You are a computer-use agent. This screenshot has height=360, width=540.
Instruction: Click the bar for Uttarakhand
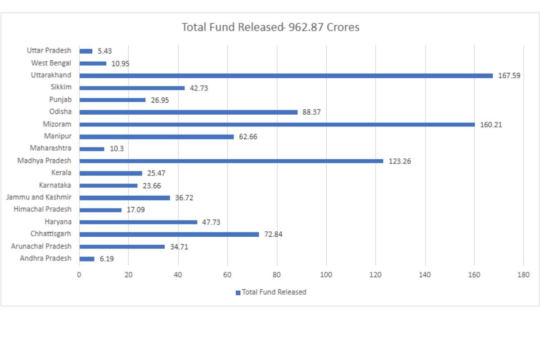[286, 76]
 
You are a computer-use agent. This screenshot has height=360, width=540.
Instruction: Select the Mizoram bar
[277, 125]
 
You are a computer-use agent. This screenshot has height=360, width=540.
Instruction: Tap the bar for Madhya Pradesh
[231, 161]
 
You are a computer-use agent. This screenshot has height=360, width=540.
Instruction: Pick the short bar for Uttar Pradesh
[86, 51]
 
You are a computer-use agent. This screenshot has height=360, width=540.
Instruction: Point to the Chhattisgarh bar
[169, 234]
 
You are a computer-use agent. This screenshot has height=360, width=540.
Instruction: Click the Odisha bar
[189, 112]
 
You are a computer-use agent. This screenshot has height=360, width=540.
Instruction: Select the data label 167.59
[509, 76]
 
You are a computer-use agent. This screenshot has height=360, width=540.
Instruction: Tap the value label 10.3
[117, 149]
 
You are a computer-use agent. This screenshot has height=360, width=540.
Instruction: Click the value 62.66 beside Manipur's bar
[248, 137]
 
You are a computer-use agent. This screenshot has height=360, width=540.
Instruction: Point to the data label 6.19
[107, 259]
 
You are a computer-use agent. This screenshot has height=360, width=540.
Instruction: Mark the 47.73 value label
[211, 222]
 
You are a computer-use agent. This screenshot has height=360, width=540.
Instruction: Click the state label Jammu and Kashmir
[39, 197]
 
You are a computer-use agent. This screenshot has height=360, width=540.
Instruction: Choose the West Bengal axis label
[51, 63]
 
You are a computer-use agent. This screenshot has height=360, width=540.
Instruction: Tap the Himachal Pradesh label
[42, 209]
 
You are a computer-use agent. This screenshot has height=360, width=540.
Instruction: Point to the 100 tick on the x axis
[326, 275]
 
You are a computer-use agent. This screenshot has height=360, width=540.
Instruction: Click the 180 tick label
[523, 275]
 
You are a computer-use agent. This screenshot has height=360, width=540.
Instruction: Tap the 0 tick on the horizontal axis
[79, 275]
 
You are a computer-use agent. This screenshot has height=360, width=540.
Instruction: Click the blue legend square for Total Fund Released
[238, 292]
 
